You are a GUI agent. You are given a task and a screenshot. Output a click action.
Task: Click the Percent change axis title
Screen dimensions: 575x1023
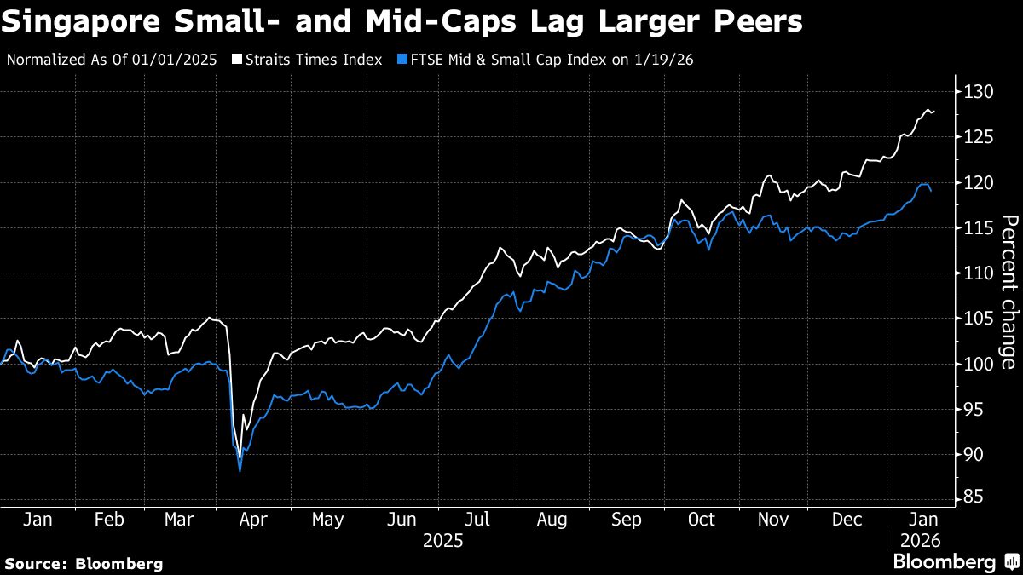[x=1008, y=292]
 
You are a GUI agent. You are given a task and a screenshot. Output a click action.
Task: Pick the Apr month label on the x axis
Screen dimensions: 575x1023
[x=255, y=519]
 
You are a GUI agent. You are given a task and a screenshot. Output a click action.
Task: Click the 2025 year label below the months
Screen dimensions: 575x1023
[x=442, y=540]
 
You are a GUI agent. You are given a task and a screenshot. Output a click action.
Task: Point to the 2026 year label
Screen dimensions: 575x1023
[x=920, y=540]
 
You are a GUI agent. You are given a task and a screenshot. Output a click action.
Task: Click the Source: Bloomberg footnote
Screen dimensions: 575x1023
[x=84, y=563]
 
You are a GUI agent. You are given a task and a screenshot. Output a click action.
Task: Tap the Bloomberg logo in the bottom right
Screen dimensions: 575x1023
[x=954, y=562]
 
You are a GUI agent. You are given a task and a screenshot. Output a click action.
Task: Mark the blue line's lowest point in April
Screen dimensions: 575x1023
[x=240, y=470]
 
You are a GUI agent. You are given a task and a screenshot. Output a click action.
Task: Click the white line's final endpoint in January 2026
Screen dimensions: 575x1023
[x=933, y=112]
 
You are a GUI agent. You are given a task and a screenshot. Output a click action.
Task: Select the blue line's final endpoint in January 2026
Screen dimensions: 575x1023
[x=931, y=191]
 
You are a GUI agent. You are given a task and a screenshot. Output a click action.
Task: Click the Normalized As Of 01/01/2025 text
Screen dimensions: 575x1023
[x=111, y=60]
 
